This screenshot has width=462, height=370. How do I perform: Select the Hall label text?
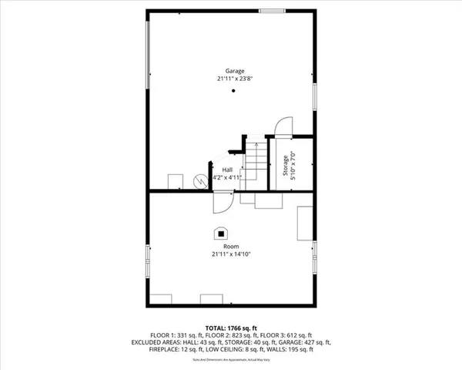(x=228, y=170)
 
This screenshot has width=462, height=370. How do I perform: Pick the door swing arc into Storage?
(x=283, y=125)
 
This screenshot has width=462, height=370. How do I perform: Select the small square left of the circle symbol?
(x=175, y=180)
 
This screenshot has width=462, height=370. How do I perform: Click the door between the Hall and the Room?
(x=222, y=202)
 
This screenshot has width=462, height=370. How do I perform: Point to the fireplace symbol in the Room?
(x=221, y=232)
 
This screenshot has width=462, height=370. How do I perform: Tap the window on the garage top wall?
(x=270, y=10)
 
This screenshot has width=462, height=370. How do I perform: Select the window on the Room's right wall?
(x=314, y=256)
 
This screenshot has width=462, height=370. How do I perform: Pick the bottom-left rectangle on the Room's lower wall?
(x=162, y=299)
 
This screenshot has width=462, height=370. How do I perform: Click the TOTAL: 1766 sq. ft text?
(x=231, y=327)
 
